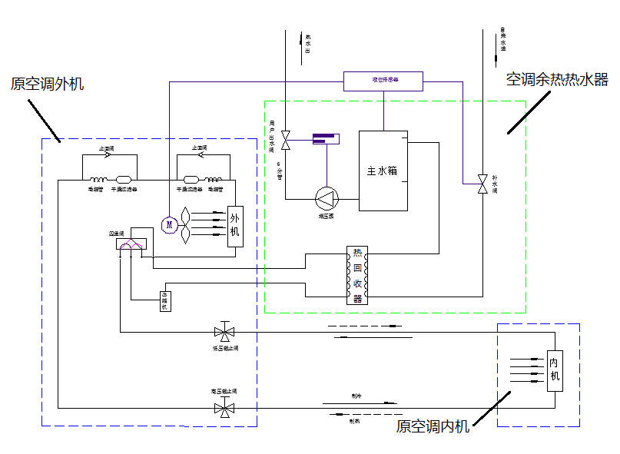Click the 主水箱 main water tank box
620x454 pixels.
pyautogui.click(x=383, y=171)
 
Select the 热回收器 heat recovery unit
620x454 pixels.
pyautogui.click(x=357, y=275)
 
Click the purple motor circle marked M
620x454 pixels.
pyautogui.click(x=169, y=224)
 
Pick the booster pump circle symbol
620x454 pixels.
pyautogui.click(x=327, y=199)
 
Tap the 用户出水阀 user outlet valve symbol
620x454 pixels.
pyautogui.click(x=285, y=141)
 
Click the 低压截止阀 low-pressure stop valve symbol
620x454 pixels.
pyautogui.click(x=225, y=333)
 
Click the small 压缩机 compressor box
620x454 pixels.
pyautogui.click(x=164, y=301)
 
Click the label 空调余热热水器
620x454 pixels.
pyautogui.click(x=557, y=80)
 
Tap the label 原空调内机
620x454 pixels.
pyautogui.click(x=433, y=426)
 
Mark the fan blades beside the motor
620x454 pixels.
pyautogui.click(x=186, y=224)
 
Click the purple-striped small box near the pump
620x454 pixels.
pyautogui.click(x=325, y=139)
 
